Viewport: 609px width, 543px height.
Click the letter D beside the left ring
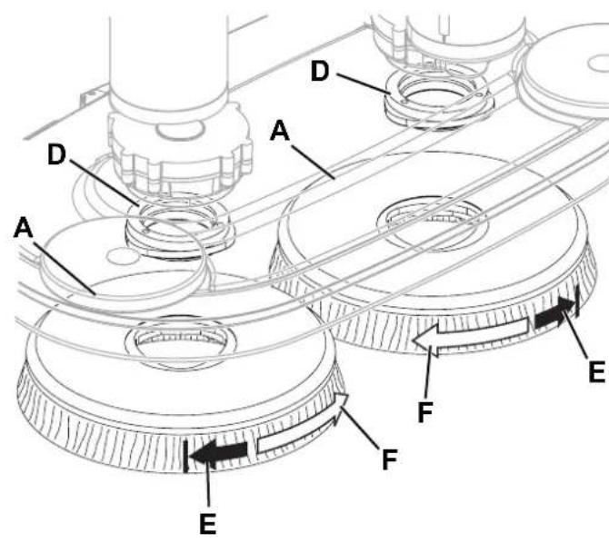coord(56,154)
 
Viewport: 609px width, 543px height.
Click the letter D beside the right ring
coord(320,71)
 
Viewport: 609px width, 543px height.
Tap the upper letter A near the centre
coord(280,131)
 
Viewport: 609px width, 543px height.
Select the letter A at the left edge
coord(24,227)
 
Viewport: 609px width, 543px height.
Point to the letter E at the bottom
coord(208,524)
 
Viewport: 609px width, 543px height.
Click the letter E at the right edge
coord(597,371)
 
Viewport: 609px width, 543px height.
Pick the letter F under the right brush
coord(425,411)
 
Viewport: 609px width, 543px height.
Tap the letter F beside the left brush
coord(390,459)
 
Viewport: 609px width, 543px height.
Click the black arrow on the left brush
coord(220,452)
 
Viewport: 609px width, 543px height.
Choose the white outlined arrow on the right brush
coord(471,334)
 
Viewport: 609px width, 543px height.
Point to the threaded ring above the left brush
coord(179,229)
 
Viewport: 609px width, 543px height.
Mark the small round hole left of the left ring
coord(118,256)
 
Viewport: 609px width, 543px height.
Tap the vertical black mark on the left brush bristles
coord(186,455)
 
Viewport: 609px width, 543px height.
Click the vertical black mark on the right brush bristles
coord(577,301)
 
